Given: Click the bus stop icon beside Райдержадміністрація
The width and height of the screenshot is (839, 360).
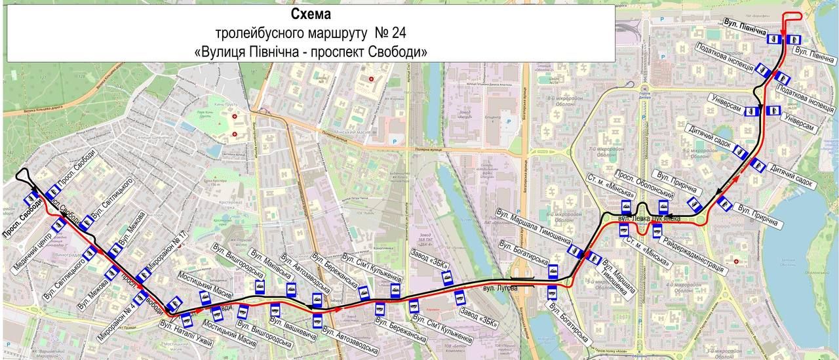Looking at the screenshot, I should [656, 230].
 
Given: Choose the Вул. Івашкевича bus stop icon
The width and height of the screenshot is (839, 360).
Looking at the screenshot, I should [275, 307].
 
